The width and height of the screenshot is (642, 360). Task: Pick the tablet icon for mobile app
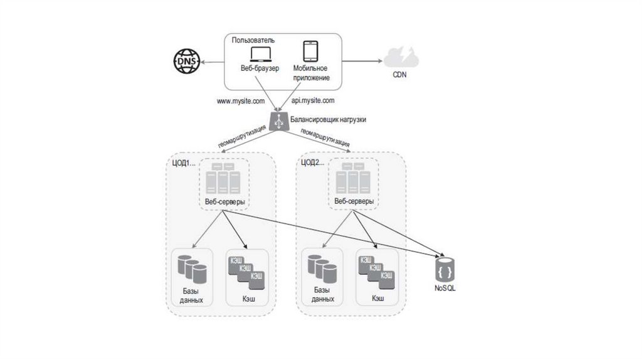(x=310, y=51)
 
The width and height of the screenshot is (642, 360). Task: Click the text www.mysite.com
(x=240, y=100)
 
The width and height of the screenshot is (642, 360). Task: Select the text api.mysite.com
(x=313, y=100)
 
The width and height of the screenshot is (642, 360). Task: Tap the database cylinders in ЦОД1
(x=191, y=268)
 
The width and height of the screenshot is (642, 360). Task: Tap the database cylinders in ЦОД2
(x=322, y=268)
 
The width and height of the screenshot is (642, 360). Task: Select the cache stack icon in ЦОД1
(x=246, y=270)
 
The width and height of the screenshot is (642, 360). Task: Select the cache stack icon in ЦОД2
(x=376, y=270)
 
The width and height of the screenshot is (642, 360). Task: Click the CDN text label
(x=400, y=75)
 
